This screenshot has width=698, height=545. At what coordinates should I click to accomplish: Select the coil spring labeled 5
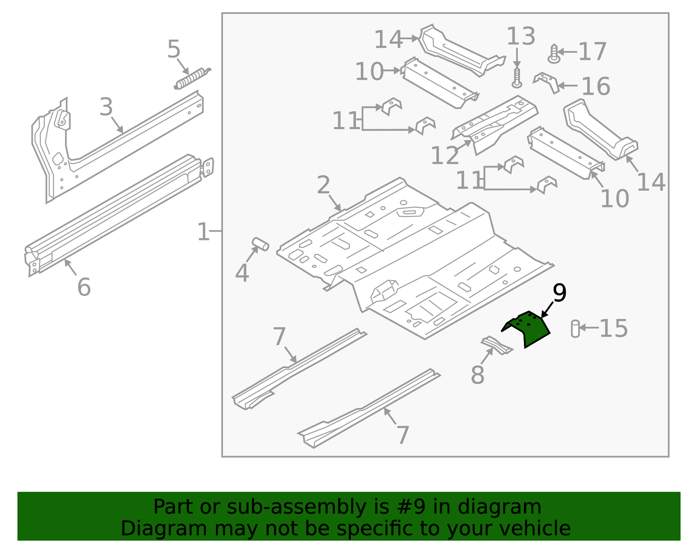point(192,79)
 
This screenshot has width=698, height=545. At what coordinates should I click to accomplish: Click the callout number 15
point(613,328)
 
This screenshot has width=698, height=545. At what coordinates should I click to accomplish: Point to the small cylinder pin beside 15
point(575,329)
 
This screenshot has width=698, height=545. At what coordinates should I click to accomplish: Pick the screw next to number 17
point(554,54)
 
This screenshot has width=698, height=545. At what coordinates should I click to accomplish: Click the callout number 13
point(520,36)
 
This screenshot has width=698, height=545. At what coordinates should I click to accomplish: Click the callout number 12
point(445,155)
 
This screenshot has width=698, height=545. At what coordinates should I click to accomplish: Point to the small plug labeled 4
point(260,244)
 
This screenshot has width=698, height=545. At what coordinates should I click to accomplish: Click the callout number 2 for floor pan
point(323,185)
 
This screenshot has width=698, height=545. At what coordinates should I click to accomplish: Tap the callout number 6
point(84,287)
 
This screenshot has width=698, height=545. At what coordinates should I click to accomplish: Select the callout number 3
point(106,107)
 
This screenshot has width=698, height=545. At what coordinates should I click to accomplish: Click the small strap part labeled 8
point(496,345)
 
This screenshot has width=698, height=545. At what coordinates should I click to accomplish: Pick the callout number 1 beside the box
point(203,232)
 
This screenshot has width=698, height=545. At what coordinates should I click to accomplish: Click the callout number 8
point(478,375)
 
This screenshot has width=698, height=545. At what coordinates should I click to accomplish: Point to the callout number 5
point(174,49)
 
